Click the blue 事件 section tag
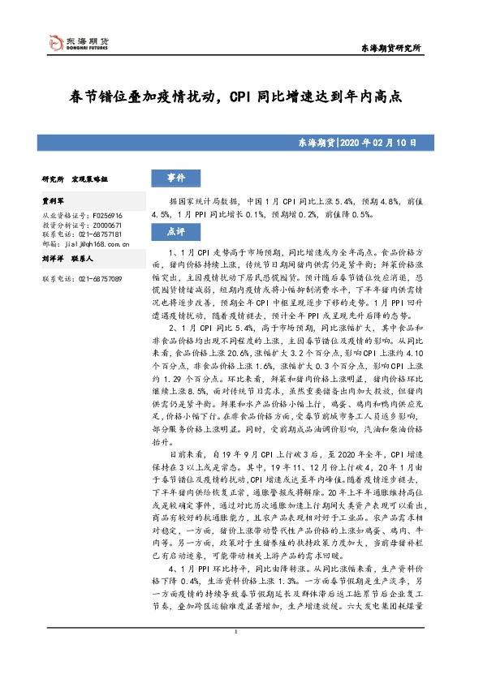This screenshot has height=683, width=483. pos(175,178)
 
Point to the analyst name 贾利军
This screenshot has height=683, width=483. pos(54,199)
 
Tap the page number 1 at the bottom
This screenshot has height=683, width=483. pos(235,655)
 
